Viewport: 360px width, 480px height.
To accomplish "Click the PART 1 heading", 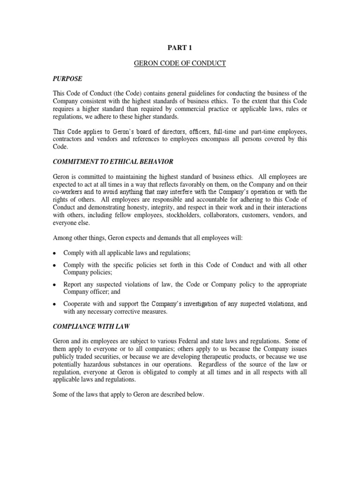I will click(180, 47).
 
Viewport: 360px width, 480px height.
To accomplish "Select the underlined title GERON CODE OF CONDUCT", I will click(180, 63).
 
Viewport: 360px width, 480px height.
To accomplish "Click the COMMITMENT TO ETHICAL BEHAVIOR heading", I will click(113, 162).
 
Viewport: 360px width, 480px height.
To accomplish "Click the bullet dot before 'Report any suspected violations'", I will click(54, 285).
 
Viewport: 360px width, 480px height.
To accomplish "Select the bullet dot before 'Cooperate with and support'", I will click(54, 305).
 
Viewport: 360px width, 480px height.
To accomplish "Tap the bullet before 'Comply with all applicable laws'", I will click(54, 254).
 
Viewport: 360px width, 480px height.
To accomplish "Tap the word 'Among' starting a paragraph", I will click(62, 238).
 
